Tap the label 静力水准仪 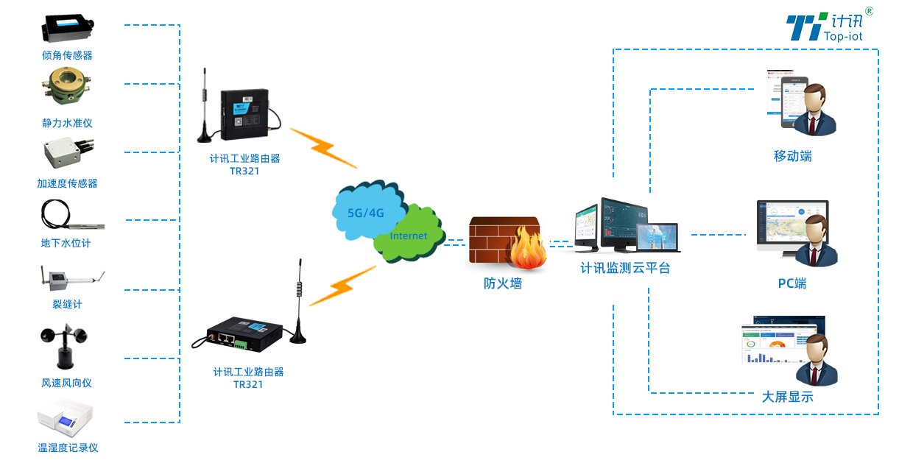pos(67,123)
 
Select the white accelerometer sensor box pos(64,153)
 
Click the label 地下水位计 pos(66,243)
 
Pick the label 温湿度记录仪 pos(68,448)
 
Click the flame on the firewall pos(527,251)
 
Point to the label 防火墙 pos(503,283)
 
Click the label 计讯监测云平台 pos(625,269)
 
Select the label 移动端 pos(792,156)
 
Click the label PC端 pos(792,283)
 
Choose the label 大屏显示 pos(787,397)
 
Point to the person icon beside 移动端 pos(817,110)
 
